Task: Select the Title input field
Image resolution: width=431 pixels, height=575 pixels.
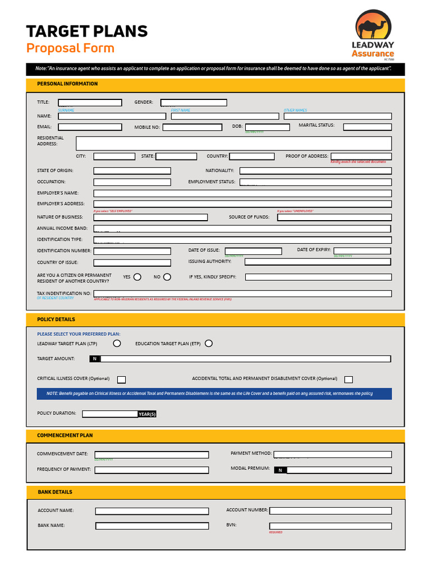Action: pyautogui.click(x=90, y=103)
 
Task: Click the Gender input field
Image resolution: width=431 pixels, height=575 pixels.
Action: pyautogui.click(x=194, y=103)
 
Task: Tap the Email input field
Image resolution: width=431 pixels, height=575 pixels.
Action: pyautogui.click(x=90, y=127)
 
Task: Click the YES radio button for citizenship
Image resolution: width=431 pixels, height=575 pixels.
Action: pyautogui.click(x=137, y=277)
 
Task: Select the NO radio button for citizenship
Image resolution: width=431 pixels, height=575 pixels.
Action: pyautogui.click(x=167, y=277)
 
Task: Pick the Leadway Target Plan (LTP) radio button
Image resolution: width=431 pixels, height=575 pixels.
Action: pyautogui.click(x=117, y=344)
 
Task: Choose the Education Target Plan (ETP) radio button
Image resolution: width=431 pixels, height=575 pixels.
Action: pyautogui.click(x=209, y=344)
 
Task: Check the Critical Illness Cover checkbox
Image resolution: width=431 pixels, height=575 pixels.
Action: pyautogui.click(x=121, y=380)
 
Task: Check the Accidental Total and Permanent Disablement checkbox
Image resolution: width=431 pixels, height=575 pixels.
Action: pyautogui.click(x=349, y=380)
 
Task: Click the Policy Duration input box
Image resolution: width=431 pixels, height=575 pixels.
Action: pyautogui.click(x=110, y=414)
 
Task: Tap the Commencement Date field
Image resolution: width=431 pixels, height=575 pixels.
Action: pyautogui.click(x=152, y=455)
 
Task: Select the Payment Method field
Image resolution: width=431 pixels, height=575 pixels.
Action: pyautogui.click(x=332, y=454)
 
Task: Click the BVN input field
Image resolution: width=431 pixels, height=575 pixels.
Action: pyautogui.click(x=331, y=526)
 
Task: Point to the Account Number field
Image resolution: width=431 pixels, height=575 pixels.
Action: pyautogui.click(x=331, y=511)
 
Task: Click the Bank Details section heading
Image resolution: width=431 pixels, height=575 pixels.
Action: pyautogui.click(x=55, y=492)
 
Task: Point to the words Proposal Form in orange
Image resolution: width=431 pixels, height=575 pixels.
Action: pyautogui.click(x=70, y=48)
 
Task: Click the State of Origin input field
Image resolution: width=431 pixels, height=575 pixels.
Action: pyautogui.click(x=132, y=171)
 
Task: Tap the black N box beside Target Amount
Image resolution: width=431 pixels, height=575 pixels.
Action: pyautogui.click(x=95, y=359)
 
